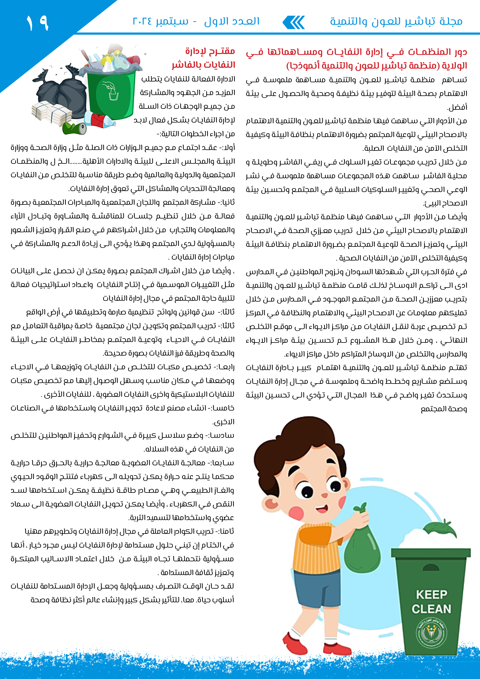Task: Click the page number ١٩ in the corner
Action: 37,23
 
